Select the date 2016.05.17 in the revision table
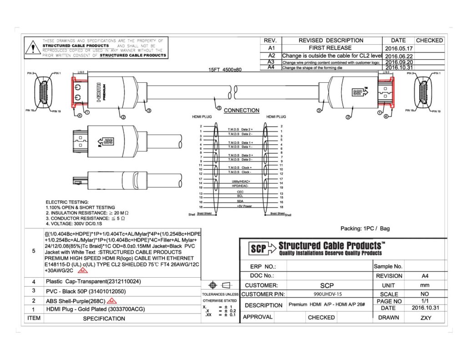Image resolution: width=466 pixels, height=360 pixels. (x=399, y=48)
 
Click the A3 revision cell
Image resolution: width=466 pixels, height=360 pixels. (x=271, y=61)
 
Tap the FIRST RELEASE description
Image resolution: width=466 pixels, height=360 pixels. (x=330, y=48)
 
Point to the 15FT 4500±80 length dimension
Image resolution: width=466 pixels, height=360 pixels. (x=225, y=70)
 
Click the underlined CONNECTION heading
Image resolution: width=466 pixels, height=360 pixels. (x=242, y=110)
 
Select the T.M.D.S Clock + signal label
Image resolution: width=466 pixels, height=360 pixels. (x=240, y=168)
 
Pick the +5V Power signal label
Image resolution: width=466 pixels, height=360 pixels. (x=244, y=206)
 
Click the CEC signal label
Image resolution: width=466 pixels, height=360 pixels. (x=240, y=192)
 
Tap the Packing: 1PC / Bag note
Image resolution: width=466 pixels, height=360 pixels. (x=365, y=228)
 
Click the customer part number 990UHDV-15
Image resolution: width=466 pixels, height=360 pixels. (x=327, y=294)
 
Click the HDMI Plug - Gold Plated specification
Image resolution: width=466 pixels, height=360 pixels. (x=96, y=309)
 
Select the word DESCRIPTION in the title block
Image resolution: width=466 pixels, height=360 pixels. (x=263, y=305)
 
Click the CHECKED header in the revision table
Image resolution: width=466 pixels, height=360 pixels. (x=429, y=41)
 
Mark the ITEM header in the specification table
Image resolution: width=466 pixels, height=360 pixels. (x=34, y=318)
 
